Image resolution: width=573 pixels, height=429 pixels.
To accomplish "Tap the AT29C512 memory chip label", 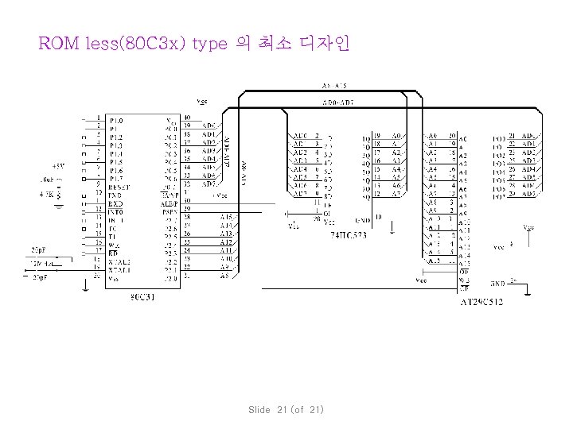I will click(481, 301).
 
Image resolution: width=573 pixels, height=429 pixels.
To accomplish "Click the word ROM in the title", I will click(59, 43).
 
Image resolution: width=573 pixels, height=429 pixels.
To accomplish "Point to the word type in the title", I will click(210, 43).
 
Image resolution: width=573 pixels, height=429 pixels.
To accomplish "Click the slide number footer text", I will click(286, 409).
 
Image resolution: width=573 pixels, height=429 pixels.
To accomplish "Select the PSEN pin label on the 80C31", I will click(170, 211).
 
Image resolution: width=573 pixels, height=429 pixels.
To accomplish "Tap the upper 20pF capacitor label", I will click(38, 249).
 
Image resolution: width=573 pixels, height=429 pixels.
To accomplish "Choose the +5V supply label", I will click(59, 167).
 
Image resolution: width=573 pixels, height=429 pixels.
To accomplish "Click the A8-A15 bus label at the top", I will click(334, 85).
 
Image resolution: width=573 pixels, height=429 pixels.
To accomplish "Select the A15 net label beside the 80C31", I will click(226, 218).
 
